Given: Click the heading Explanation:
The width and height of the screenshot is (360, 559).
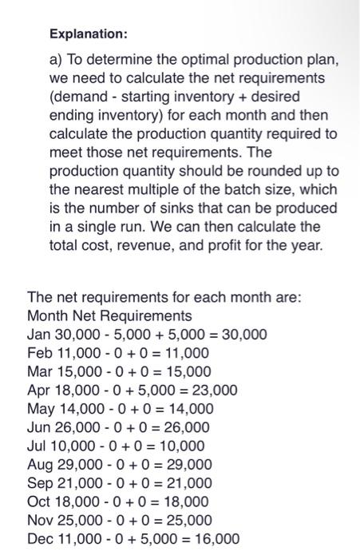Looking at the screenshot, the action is tap(88, 35).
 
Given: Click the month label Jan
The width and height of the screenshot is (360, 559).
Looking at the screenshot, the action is tap(38, 334).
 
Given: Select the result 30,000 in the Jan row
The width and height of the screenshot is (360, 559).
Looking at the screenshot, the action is tap(241, 334).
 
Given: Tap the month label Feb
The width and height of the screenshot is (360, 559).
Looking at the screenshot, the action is tap(39, 352).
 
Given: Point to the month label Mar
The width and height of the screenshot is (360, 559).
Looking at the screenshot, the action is tap(39, 371).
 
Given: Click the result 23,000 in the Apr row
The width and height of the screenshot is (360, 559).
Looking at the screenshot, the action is tap(211, 390).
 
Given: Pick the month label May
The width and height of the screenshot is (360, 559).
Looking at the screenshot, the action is tap(41, 409).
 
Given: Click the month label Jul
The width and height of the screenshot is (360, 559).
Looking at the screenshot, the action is tap(37, 446).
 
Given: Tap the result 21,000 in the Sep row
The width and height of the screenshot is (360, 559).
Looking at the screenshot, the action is tap(186, 483).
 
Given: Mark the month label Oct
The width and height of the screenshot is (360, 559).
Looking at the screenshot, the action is tap(38, 502).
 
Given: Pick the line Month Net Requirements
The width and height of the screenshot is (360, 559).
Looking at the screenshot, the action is tap(109, 315).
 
